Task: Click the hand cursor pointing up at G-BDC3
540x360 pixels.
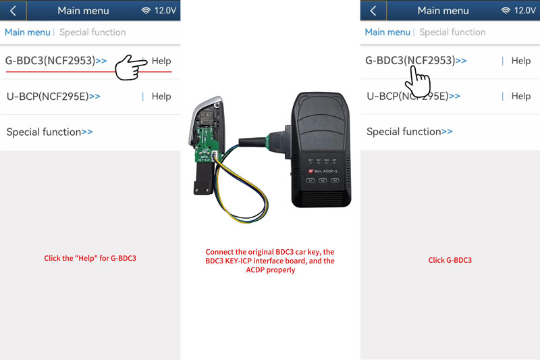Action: click(418, 80)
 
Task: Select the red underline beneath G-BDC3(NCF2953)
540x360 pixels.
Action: click(88, 70)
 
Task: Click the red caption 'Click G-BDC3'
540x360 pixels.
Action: click(450, 260)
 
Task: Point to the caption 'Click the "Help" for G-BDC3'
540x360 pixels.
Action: click(90, 258)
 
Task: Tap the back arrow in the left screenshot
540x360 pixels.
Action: click(13, 11)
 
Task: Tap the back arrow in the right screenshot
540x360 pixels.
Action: click(373, 11)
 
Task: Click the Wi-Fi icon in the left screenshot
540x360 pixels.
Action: click(146, 11)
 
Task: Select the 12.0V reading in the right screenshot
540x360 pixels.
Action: click(524, 11)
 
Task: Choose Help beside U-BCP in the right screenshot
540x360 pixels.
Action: click(520, 96)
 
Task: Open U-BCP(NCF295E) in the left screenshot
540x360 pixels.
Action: click(53, 96)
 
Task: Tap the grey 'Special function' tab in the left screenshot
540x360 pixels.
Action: click(92, 32)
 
